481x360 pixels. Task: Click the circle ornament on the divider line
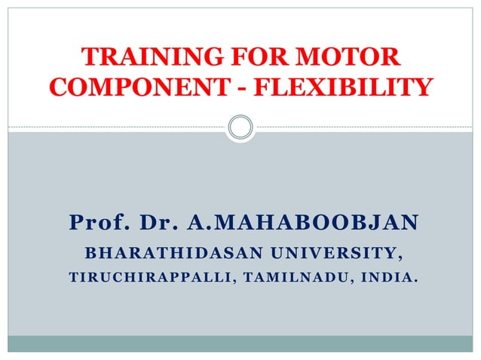tap(240, 127)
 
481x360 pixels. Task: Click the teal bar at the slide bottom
tap(240, 343)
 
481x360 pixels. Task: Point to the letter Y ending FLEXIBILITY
tap(424, 87)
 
